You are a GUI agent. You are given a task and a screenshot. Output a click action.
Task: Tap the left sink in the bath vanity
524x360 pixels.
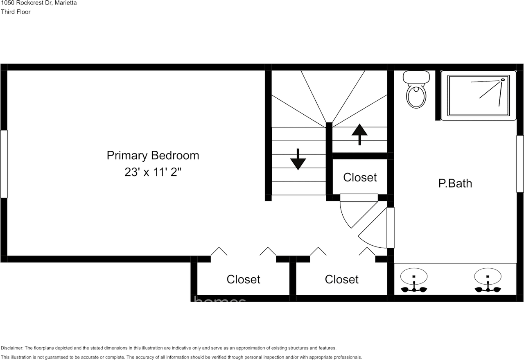pyautogui.click(x=414, y=278)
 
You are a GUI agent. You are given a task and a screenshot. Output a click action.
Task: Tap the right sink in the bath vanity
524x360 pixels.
pyautogui.click(x=488, y=278)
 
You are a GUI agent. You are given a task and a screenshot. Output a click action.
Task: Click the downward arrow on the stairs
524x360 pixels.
pyautogui.click(x=298, y=159)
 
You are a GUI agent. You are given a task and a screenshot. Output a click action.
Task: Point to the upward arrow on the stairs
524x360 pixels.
pyautogui.click(x=359, y=134)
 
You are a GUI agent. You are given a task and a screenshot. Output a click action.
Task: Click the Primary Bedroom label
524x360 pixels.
pyautogui.click(x=153, y=156)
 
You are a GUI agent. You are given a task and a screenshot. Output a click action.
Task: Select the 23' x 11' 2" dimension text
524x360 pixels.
pyautogui.click(x=153, y=172)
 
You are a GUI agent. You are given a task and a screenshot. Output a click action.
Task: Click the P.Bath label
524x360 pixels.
pyautogui.click(x=455, y=183)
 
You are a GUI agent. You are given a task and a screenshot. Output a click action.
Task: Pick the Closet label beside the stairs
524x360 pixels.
pyautogui.click(x=360, y=177)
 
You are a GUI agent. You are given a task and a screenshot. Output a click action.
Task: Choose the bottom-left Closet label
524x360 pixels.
pyautogui.click(x=243, y=279)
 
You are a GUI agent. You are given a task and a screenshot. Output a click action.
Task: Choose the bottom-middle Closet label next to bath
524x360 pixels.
pyautogui.click(x=341, y=279)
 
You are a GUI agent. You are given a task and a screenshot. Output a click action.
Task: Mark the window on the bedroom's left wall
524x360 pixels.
pyautogui.click(x=4, y=164)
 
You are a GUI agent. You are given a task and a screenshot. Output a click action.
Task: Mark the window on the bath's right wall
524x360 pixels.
pyautogui.click(x=520, y=163)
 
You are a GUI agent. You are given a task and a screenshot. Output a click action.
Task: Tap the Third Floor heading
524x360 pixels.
pyautogui.click(x=16, y=12)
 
